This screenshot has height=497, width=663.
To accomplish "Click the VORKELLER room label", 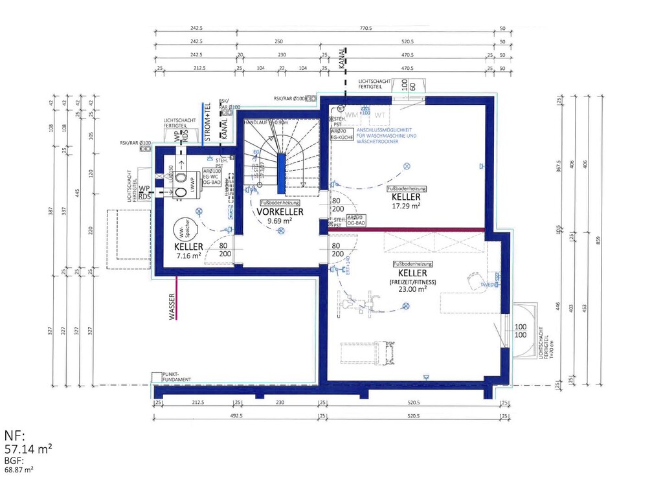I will pyautogui.click(x=280, y=212).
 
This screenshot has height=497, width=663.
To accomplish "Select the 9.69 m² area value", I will pyautogui.click(x=280, y=221).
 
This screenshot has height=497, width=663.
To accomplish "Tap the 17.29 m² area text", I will pyautogui.click(x=407, y=205).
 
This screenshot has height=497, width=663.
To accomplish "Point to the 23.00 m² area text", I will pyautogui.click(x=412, y=289).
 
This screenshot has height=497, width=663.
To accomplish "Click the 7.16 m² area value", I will pyautogui.click(x=188, y=256).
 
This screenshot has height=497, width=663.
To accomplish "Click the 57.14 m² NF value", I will pyautogui.click(x=28, y=448).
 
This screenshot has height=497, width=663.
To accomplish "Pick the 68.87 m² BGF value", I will pyautogui.click(x=19, y=469).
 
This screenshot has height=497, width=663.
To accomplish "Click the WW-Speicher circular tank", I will pyautogui.click(x=182, y=230).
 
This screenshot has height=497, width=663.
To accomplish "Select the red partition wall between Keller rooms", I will pyautogui.click(x=407, y=229).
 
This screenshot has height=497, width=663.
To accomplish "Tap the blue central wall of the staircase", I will pyautogui.click(x=282, y=173).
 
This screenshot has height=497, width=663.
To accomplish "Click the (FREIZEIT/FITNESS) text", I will pyautogui.click(x=412, y=282).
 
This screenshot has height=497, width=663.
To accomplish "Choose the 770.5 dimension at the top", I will pyautogui.click(x=366, y=28).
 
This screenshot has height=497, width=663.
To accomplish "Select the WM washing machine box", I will pyautogui.click(x=351, y=114).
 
